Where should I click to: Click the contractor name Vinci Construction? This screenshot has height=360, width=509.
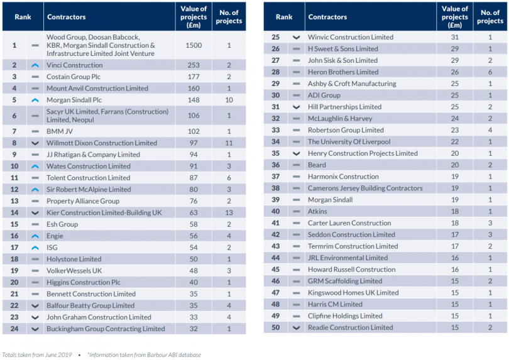pyautogui.click(x=74, y=65)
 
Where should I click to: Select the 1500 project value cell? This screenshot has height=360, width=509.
pyautogui.click(x=194, y=46)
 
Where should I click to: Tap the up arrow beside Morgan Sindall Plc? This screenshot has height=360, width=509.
pyautogui.click(x=35, y=100)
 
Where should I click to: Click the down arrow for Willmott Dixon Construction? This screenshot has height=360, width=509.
pyautogui.click(x=35, y=143)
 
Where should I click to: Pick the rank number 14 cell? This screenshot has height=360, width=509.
pyautogui.click(x=14, y=213)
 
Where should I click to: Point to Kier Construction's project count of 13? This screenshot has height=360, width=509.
pyautogui.click(x=229, y=213)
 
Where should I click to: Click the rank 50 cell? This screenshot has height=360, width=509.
pyautogui.click(x=275, y=327)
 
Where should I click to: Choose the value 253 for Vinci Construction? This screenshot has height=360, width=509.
pyautogui.click(x=194, y=65)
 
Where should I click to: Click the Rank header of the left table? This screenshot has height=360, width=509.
pyautogui.click(x=23, y=17)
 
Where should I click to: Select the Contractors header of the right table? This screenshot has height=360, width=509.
pyautogui.click(x=327, y=17)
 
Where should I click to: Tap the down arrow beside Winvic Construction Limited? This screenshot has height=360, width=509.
pyautogui.click(x=296, y=37)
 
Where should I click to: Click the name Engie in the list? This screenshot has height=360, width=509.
pyautogui.click(x=56, y=236)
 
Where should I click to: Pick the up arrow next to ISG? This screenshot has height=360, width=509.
pyautogui.click(x=35, y=248)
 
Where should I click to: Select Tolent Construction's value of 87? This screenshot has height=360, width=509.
pyautogui.click(x=194, y=178)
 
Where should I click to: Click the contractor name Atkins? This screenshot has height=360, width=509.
pyautogui.click(x=317, y=212)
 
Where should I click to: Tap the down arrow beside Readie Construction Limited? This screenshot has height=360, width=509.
pyautogui.click(x=296, y=327)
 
